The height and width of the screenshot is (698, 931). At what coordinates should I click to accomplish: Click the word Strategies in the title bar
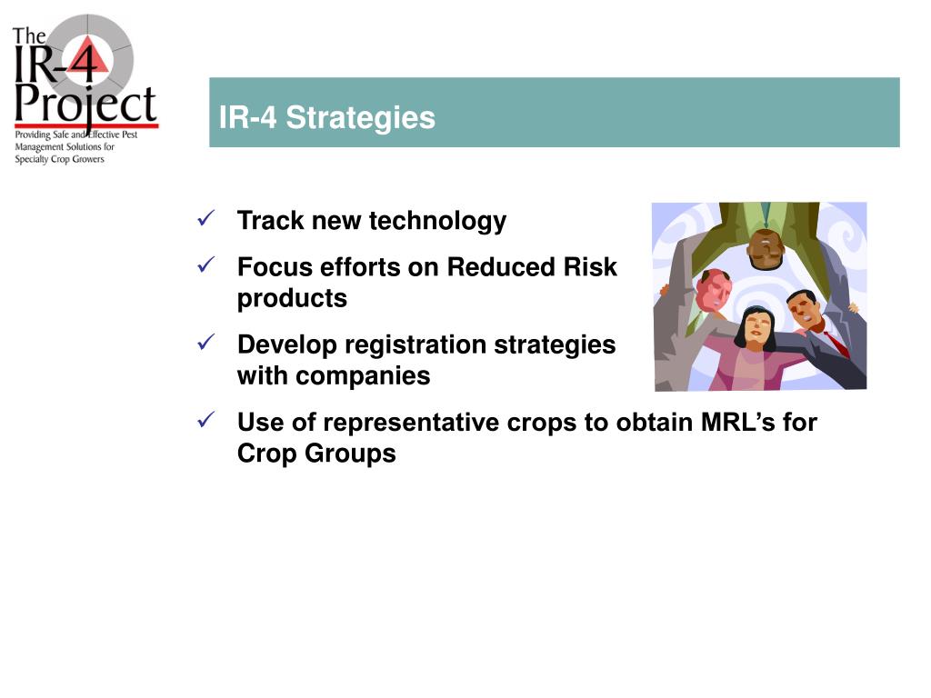point(360,118)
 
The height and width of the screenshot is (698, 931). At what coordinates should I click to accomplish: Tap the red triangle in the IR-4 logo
point(89,57)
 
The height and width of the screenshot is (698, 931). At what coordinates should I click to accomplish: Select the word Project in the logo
point(85,105)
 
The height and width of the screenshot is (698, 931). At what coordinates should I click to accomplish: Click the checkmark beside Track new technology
point(205,218)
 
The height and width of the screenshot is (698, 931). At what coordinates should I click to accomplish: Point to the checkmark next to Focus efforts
point(205,264)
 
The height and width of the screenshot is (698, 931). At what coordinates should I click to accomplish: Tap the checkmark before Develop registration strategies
point(205,342)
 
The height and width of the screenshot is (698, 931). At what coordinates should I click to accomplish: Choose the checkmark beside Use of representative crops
point(205,420)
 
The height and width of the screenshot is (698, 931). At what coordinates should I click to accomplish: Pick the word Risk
point(590,267)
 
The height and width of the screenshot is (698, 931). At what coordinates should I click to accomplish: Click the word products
point(292,298)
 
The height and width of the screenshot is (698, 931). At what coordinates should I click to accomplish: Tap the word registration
point(415,345)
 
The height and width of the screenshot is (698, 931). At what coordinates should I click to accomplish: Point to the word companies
point(363,376)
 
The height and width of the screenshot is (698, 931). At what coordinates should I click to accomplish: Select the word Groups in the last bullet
point(350,454)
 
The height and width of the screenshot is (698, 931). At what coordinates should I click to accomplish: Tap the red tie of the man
point(836,344)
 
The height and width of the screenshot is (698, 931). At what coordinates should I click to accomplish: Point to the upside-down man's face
point(766,249)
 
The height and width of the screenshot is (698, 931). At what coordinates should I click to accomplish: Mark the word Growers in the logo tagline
point(88,159)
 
